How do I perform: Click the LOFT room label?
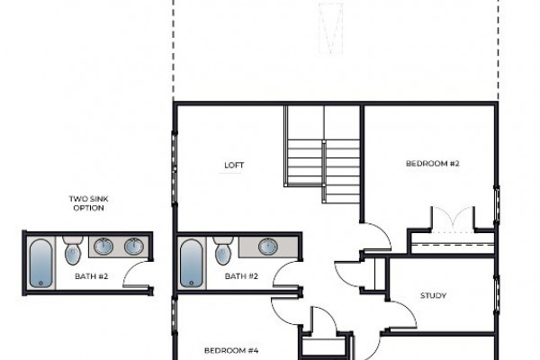[x=234, y=166]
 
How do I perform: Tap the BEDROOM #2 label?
[x=433, y=163]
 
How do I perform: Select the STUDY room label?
[x=433, y=295]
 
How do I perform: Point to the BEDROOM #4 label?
[x=231, y=351]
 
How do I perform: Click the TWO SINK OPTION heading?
[x=88, y=203]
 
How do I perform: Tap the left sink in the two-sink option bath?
[x=103, y=247]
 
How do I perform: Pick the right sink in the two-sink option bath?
[x=133, y=247]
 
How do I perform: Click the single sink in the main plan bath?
[x=268, y=247]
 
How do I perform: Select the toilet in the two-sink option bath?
[x=73, y=250]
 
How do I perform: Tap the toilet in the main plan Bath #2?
[x=223, y=250]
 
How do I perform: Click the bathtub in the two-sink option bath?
[x=41, y=264]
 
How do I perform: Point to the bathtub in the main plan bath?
[x=191, y=264]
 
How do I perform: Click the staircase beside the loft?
[x=322, y=154]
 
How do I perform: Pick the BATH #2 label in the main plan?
[x=241, y=276]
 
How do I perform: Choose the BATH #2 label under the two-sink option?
[x=91, y=276]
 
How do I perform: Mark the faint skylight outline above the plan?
[x=330, y=29]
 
